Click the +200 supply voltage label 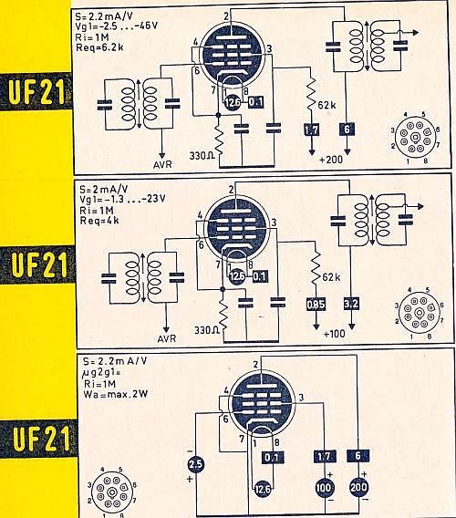pos(331,160)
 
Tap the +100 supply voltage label pos(335,334)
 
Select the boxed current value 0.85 pos(316,305)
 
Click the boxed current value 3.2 pos(351,304)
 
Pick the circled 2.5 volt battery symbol pos(195,464)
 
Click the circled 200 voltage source pos(358,487)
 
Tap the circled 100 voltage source pos(324,487)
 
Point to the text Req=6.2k pos(99,47)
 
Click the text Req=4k pos(99,221)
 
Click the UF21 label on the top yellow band pos(36,91)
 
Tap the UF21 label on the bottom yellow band pos(41,438)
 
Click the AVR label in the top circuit pos(162,164)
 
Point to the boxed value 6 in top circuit pos(347,129)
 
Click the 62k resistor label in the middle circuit pos(331,277)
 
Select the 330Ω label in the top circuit pos(202,156)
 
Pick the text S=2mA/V pos(103,190)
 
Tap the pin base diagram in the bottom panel pos(111,492)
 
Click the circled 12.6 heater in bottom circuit pos(263,489)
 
